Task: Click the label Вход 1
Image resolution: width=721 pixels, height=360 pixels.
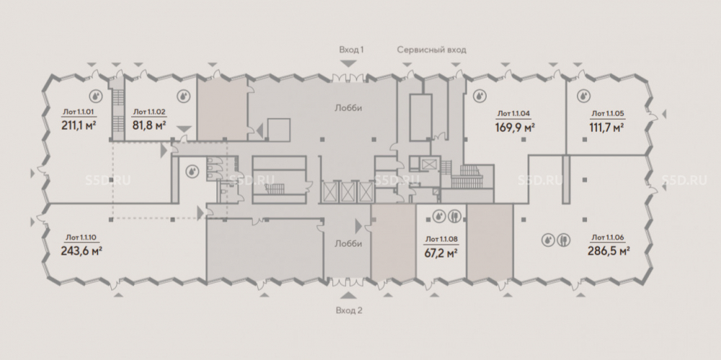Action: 351,50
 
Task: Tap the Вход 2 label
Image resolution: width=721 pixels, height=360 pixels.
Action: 349,310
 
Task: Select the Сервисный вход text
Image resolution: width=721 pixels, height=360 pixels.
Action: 431,50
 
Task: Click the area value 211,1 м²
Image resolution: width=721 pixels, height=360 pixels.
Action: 78,125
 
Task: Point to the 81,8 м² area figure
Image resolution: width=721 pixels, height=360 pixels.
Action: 149,125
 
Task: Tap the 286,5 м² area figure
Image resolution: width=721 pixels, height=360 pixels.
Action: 609,251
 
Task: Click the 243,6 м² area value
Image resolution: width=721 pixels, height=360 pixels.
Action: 81,251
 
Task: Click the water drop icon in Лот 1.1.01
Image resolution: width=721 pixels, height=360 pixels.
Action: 96,96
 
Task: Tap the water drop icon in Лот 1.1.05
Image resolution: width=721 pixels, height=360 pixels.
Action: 583,96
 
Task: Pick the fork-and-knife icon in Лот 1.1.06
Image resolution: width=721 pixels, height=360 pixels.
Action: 565,240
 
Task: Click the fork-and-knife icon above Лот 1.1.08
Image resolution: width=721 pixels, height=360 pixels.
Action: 454,216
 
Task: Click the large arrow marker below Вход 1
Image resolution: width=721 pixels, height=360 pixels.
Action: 348,63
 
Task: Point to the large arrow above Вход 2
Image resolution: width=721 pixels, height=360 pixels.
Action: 348,296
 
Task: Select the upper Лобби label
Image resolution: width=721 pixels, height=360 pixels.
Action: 348,109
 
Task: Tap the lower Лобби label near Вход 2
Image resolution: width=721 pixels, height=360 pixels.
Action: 348,244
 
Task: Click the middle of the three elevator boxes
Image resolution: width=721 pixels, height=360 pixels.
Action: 348,192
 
